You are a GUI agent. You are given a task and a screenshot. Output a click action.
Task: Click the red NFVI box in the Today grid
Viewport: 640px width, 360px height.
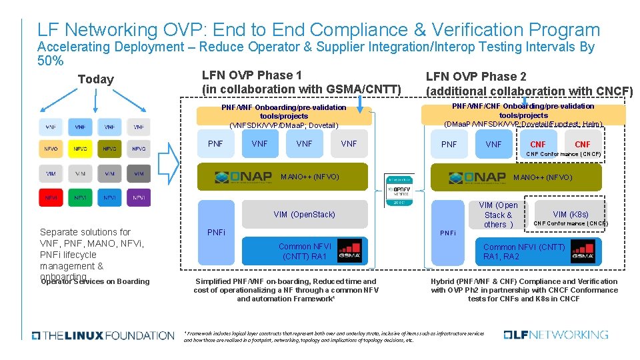pyautogui.click(x=51, y=197)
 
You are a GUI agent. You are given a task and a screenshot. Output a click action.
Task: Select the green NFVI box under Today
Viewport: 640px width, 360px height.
pyautogui.click(x=80, y=197)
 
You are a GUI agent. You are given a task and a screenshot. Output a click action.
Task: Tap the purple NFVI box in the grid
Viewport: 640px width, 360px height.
pyautogui.click(x=139, y=197)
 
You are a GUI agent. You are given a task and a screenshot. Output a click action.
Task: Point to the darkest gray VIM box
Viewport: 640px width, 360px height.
pyautogui.click(x=139, y=173)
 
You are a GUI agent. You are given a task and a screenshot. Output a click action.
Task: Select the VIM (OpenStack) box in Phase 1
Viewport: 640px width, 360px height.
pyautogui.click(x=304, y=214)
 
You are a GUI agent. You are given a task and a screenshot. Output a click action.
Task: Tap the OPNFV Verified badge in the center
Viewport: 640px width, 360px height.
pyautogui.click(x=400, y=190)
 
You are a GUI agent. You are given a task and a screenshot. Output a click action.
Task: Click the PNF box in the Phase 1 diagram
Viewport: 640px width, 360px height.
pyautogui.click(x=216, y=143)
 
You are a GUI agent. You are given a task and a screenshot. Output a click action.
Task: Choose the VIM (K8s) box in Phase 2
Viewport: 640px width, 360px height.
pyautogui.click(x=570, y=214)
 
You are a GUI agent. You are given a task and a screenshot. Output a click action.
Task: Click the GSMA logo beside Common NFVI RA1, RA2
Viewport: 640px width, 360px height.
pyautogui.click(x=583, y=251)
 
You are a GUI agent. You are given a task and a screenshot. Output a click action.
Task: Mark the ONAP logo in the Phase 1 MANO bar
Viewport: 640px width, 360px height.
pyautogui.click(x=243, y=177)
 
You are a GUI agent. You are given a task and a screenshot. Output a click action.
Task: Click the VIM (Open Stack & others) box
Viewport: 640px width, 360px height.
pyautogui.click(x=498, y=215)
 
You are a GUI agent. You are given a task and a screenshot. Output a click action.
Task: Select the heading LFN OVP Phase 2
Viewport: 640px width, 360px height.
pyautogui.click(x=476, y=76)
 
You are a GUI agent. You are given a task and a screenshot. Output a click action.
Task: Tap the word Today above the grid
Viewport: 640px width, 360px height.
pyautogui.click(x=95, y=79)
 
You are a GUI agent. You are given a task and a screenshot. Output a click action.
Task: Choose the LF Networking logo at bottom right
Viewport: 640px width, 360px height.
pyautogui.click(x=556, y=335)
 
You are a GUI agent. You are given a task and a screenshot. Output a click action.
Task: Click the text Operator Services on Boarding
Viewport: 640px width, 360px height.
pyautogui.click(x=95, y=281)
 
